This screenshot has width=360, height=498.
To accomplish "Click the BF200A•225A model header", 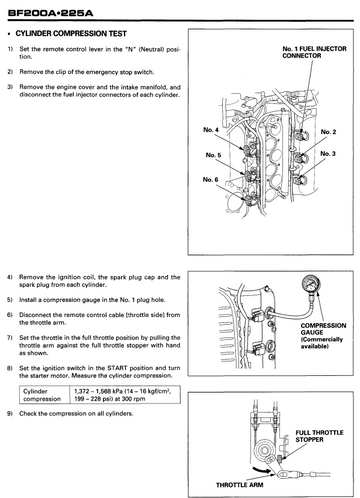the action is (x=50, y=13).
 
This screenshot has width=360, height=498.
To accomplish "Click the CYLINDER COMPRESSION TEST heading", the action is (x=71, y=34).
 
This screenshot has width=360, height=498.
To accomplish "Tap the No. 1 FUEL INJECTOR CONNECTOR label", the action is (x=314, y=52).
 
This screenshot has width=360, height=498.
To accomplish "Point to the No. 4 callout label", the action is (x=211, y=130).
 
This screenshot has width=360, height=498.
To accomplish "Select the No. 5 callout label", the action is (x=213, y=155).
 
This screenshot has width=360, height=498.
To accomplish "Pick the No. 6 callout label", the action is (x=210, y=180).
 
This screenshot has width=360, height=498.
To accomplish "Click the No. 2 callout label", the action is (x=328, y=132).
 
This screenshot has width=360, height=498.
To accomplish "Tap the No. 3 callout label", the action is (x=328, y=154).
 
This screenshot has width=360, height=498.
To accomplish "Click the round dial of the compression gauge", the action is (x=311, y=285).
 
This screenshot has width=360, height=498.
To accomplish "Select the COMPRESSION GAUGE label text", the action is (x=323, y=329).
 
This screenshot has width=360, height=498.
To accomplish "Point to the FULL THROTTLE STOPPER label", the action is (x=319, y=436).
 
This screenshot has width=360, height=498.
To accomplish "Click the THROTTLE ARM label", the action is (x=240, y=485).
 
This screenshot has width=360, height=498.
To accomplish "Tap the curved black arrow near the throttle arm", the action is (x=261, y=470).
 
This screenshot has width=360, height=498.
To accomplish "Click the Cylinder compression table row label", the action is (x=42, y=395).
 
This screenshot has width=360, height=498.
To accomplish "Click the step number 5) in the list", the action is (x=10, y=300).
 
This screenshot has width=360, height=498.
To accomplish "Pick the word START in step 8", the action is (x=117, y=368).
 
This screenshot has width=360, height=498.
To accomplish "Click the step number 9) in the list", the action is (x=10, y=414).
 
